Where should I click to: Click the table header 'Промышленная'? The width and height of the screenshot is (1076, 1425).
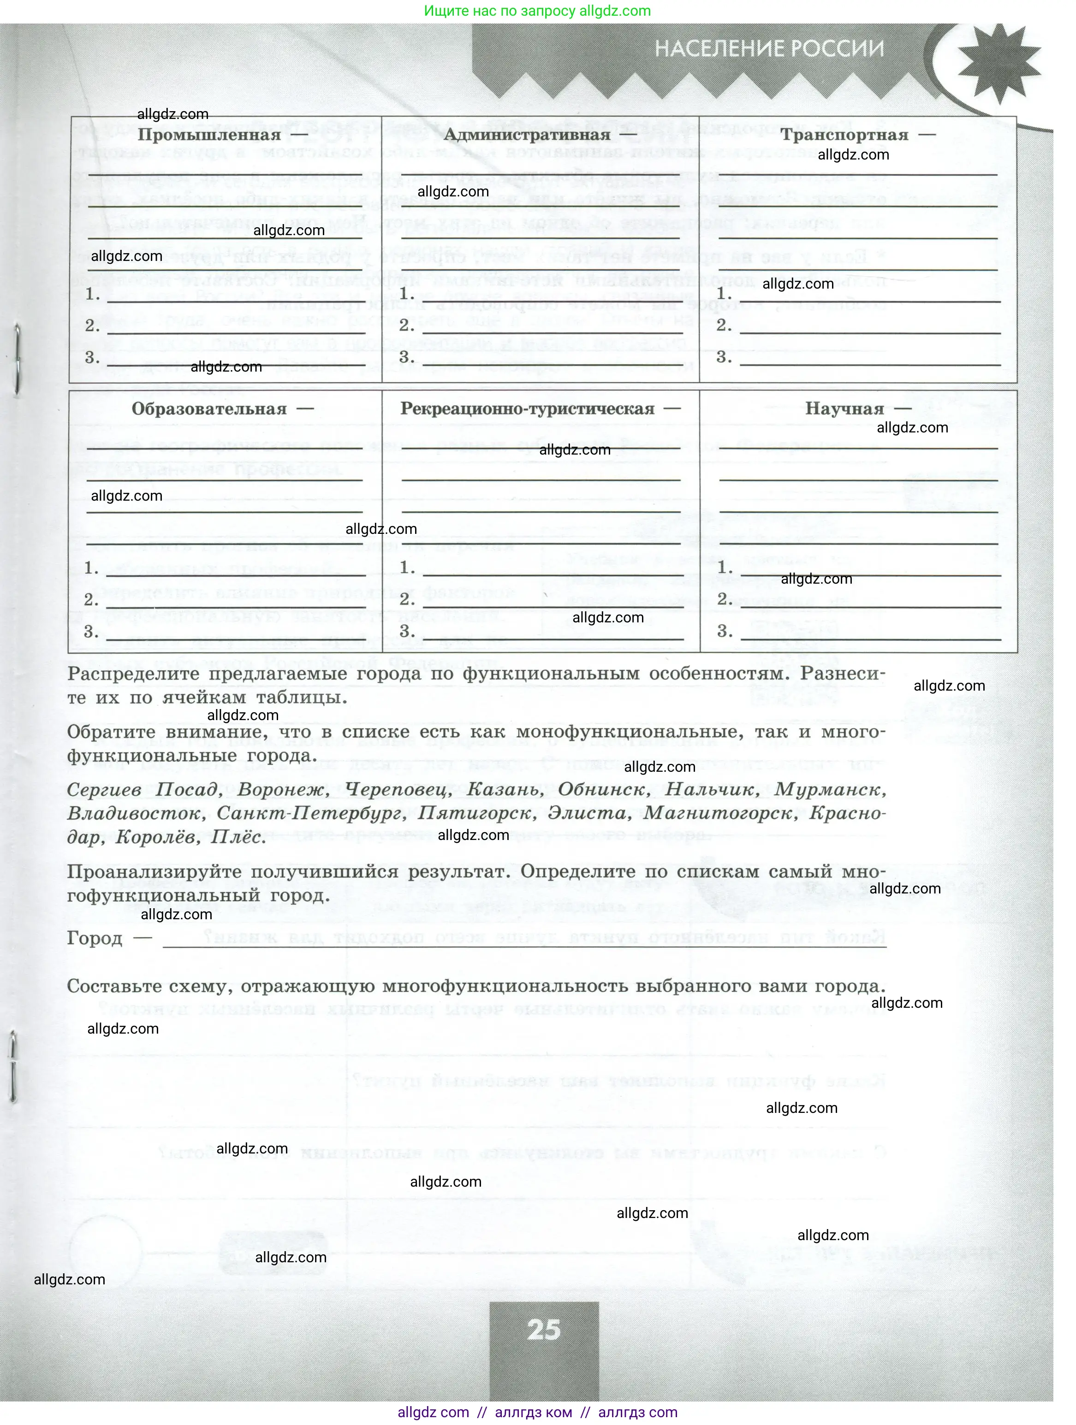pyautogui.click(x=209, y=135)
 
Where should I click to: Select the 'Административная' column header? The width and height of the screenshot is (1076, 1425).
pyautogui.click(x=526, y=135)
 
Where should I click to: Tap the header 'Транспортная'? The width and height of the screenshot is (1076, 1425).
pyautogui.click(x=844, y=135)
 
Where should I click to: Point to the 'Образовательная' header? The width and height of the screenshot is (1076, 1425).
pyautogui.click(x=209, y=409)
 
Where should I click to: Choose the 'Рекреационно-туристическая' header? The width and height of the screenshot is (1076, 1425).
pyautogui.click(x=527, y=409)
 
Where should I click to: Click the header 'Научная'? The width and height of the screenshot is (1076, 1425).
pyautogui.click(x=844, y=409)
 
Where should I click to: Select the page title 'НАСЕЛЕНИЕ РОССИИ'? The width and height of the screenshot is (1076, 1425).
pyautogui.click(x=769, y=48)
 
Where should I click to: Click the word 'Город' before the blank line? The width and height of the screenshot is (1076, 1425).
pyautogui.click(x=95, y=939)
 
